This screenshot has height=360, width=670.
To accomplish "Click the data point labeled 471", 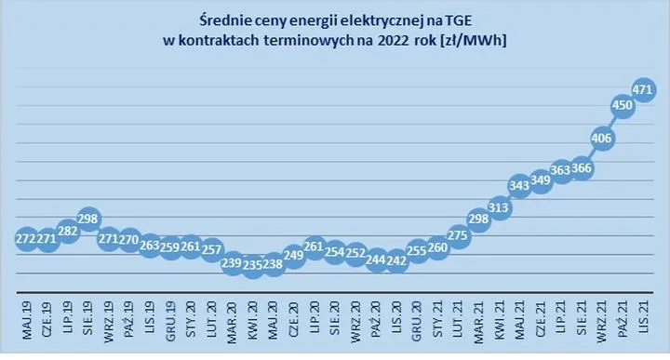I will click(643, 90).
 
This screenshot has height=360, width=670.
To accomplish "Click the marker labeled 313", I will click(500, 208).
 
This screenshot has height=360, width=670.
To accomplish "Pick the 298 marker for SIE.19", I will click(88, 220).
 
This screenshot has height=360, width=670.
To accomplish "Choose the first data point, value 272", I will click(27, 239).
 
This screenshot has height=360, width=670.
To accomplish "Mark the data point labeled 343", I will click(520, 186).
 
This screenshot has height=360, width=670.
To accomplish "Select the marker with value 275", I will click(459, 236).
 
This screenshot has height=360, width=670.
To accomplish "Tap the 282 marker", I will click(68, 232).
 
